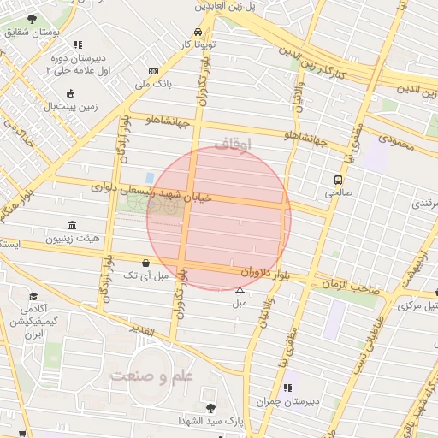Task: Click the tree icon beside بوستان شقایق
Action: pyautogui.click(x=32, y=19)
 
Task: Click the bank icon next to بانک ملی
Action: pyautogui.click(x=153, y=72)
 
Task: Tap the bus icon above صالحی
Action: pyautogui.click(x=339, y=181)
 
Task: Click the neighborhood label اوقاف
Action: pyautogui.click(x=232, y=145)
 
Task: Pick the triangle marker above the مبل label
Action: pyautogui.click(x=240, y=292)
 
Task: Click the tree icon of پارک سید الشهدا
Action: pyautogui.click(x=210, y=407)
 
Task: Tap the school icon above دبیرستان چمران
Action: pyautogui.click(x=287, y=388)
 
